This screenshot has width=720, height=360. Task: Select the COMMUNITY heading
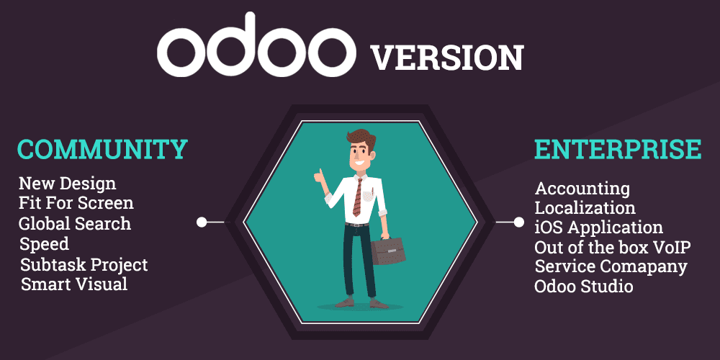tap(102, 149)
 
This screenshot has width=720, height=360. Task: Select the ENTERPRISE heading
tap(617, 149)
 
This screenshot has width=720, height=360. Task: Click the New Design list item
tap(67, 184)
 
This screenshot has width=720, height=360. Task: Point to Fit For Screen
tap(76, 203)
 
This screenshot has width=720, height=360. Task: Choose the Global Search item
tap(75, 223)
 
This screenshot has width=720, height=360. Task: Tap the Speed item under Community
tap(45, 243)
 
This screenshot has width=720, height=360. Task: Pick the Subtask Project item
tap(84, 264)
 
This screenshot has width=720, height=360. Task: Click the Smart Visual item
tap(74, 284)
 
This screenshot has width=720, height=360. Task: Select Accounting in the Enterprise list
tap(582, 189)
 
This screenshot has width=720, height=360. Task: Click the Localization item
tap(585, 208)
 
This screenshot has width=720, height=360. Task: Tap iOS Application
tap(598, 228)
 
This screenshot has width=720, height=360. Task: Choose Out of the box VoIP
tap(612, 247)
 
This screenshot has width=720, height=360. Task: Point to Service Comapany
tap(611, 266)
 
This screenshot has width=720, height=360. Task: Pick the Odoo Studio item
tap(583, 287)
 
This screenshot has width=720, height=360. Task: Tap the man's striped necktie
tap(357, 197)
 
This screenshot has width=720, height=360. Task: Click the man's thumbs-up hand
tap(318, 176)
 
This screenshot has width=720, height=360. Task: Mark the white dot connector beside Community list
tap(202, 222)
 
